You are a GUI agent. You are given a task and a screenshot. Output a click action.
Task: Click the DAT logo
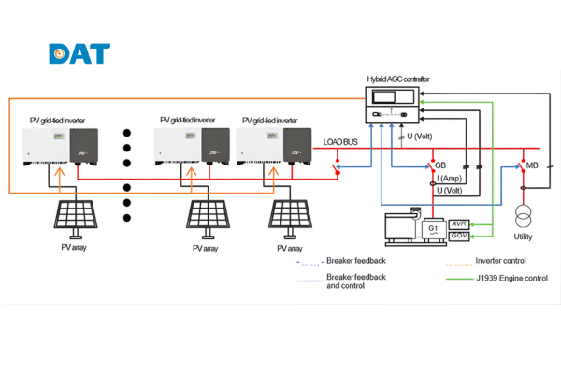coord(79,53)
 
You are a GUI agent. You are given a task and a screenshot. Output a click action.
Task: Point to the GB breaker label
coord(439,165)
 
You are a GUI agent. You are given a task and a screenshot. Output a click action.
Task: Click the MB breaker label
coord(532,165)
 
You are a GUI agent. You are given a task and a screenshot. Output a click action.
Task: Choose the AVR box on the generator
coord(459,224)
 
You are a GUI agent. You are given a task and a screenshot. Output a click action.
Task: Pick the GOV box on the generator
coord(459,237)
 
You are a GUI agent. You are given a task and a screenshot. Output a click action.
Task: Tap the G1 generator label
coord(433,228)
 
